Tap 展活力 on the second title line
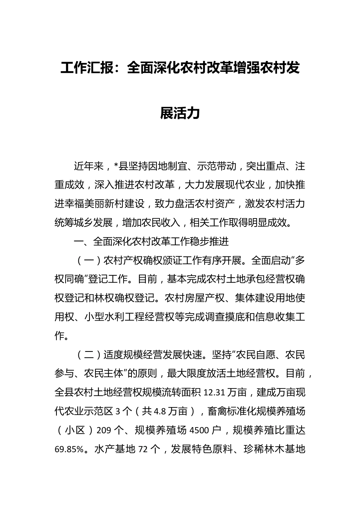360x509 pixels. pos(180,113)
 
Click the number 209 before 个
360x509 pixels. pos(104,431)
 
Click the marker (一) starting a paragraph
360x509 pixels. pos(88,261)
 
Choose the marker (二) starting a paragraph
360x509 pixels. pos(88,355)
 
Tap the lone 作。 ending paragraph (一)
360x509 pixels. pos(62,336)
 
